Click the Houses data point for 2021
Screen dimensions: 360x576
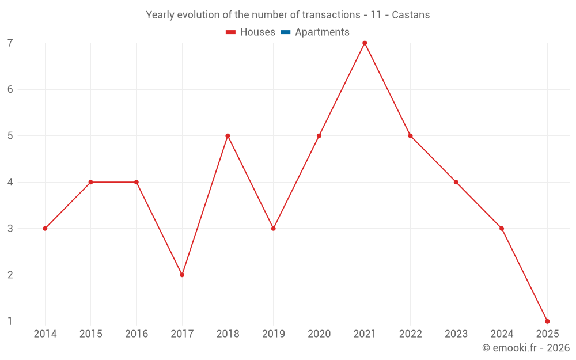pos(365,43)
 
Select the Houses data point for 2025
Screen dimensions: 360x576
pos(547,321)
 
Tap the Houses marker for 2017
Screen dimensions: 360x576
pos(182,275)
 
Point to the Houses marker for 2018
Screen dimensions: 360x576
pos(228,136)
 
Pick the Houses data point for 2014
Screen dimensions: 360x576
pos(45,229)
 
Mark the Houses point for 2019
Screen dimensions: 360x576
pos(274,229)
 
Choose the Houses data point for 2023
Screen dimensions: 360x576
pos(456,182)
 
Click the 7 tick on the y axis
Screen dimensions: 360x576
pos(10,43)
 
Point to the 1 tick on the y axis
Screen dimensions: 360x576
pos(10,321)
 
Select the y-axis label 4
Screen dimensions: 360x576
pos(10,182)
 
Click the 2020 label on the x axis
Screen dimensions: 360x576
pos(319,334)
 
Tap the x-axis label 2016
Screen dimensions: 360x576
pos(137,334)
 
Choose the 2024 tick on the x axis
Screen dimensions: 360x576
pos(502,334)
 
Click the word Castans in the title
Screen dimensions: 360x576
pos(411,15)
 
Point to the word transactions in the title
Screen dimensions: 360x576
pos(332,15)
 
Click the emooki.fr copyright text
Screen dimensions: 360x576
pos(526,348)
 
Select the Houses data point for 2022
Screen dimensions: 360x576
pos(410,136)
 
